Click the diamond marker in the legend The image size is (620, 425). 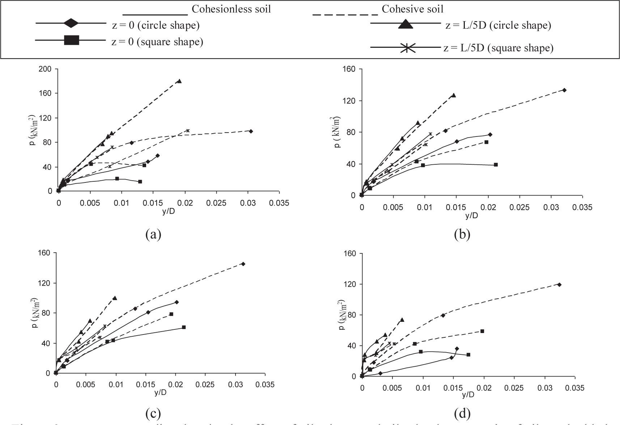point(71,23)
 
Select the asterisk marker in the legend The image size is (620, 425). point(407,48)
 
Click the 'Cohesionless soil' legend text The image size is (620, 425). point(231,9)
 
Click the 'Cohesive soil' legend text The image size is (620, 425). point(412,9)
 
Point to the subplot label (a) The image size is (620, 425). point(153,235)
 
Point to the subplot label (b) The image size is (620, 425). point(462,235)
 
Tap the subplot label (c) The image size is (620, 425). point(153,413)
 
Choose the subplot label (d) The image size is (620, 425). point(462,413)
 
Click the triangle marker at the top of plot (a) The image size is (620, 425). point(179,81)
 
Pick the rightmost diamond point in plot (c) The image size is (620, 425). point(243,264)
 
